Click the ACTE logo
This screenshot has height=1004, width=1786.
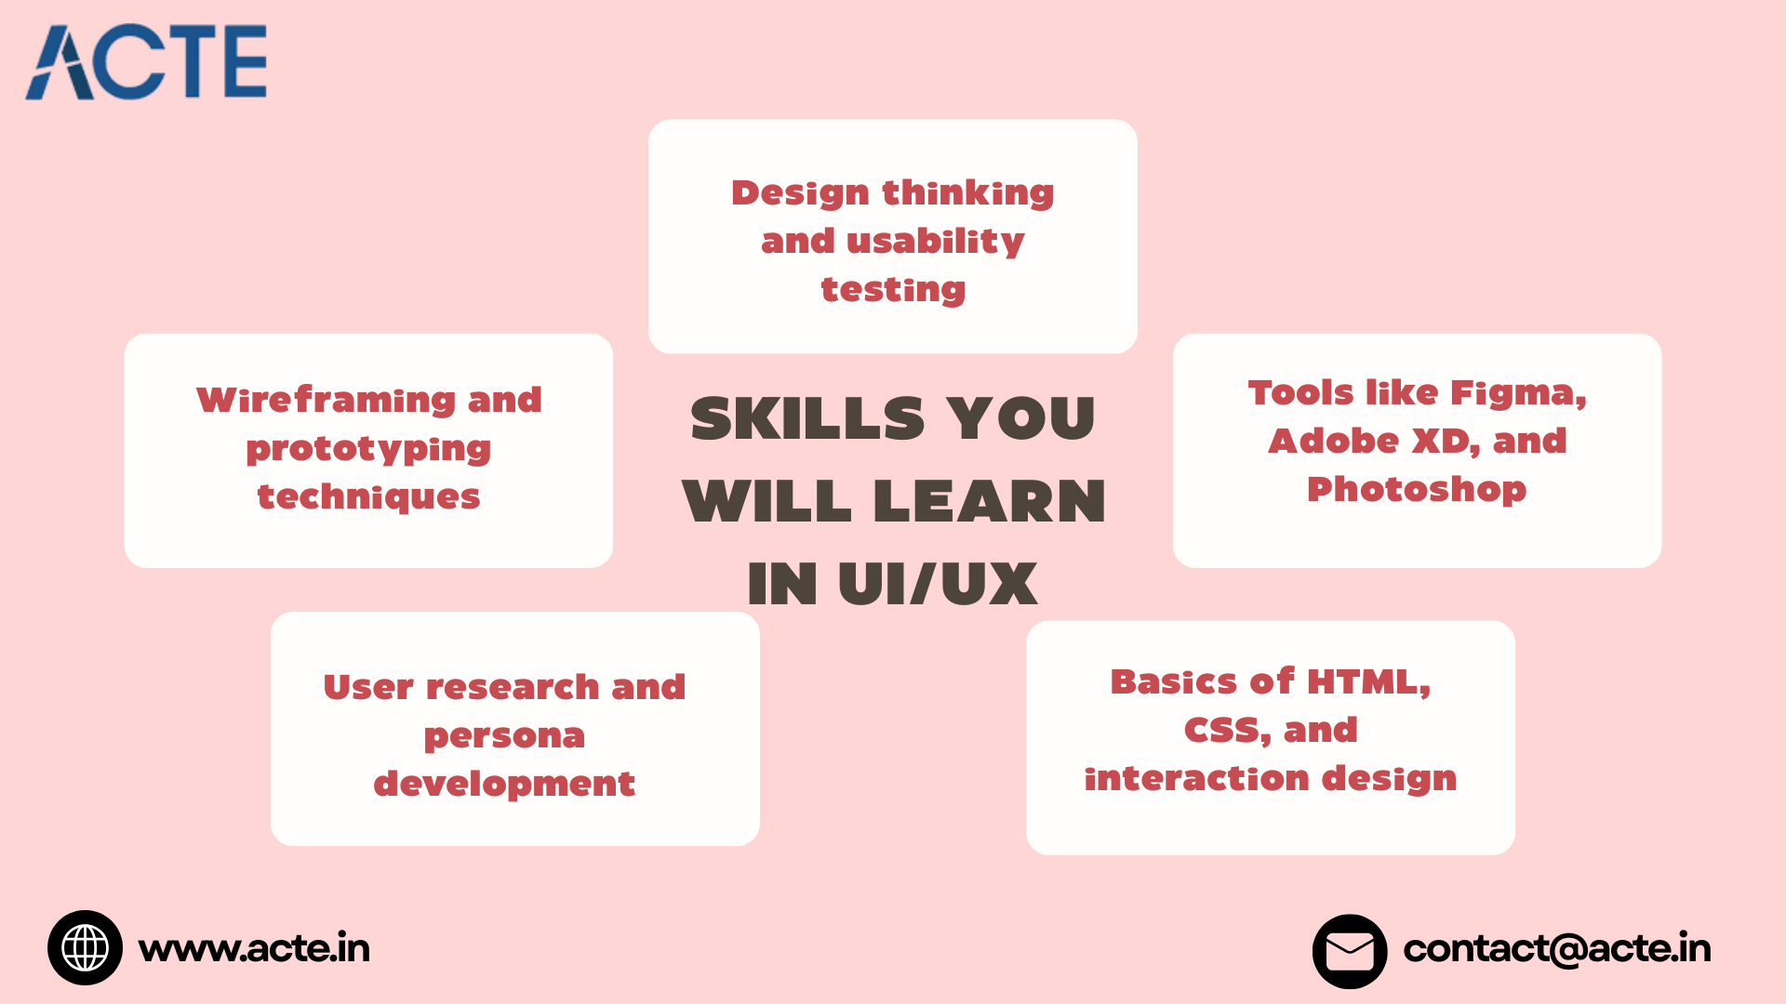[x=146, y=61]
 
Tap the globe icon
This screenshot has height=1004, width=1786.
[x=85, y=947]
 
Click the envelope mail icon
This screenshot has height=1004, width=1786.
[x=1350, y=951]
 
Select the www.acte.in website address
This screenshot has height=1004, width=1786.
[x=254, y=948]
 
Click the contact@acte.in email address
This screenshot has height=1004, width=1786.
[x=1557, y=948]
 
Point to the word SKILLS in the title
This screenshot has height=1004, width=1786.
[x=807, y=418]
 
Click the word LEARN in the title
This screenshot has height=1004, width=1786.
[x=990, y=501]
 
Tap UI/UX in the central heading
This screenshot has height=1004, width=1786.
[x=938, y=584]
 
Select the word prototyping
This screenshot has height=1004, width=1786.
[x=368, y=450]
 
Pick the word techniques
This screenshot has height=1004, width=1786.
[x=368, y=497]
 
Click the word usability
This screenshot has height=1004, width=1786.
[x=936, y=242]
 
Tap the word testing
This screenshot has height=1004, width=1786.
[x=893, y=290]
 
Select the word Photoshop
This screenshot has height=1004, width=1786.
[x=1417, y=489]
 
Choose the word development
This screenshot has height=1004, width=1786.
[x=504, y=785]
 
